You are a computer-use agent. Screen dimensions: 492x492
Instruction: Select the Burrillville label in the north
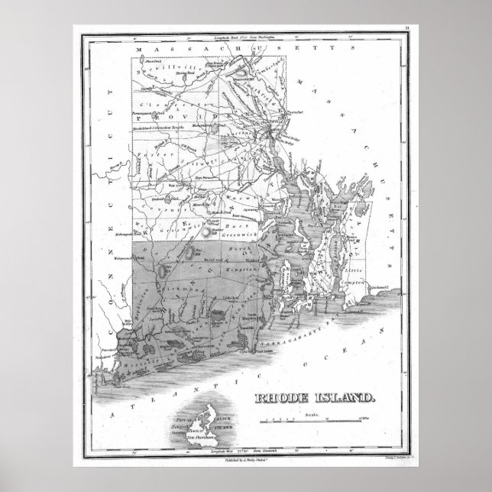(x=170, y=72)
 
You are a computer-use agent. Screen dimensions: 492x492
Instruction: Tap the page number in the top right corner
(x=406, y=28)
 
